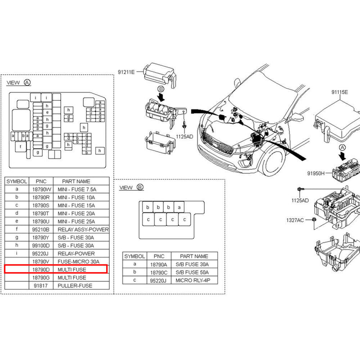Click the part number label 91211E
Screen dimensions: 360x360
(x=126, y=72)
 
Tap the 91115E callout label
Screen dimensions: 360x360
(x=340, y=92)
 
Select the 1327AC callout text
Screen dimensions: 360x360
(x=295, y=220)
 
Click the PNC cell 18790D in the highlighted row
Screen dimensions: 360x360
(x=42, y=269)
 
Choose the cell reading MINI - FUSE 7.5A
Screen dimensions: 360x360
(x=77, y=189)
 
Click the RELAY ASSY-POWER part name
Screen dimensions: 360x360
(x=83, y=229)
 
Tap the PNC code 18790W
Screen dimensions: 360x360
(x=42, y=189)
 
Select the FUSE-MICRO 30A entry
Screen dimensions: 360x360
(x=78, y=261)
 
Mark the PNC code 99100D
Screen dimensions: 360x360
(x=42, y=245)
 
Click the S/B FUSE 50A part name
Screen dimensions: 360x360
(x=192, y=273)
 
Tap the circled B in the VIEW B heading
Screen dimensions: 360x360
(x=139, y=187)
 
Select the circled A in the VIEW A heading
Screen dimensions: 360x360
(x=27, y=83)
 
